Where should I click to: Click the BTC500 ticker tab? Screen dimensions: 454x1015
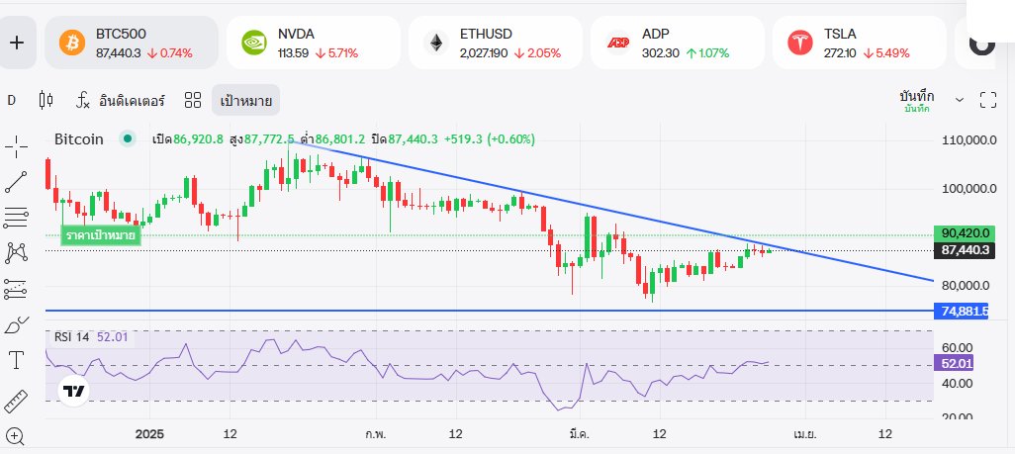click(x=133, y=43)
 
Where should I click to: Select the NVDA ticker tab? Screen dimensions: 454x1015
click(x=313, y=43)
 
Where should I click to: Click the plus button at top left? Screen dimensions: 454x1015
click(x=17, y=43)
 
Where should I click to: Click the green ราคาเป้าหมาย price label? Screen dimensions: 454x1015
click(x=100, y=235)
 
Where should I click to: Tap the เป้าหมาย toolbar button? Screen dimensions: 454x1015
click(x=245, y=100)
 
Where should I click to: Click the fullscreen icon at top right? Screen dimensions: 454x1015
click(x=987, y=100)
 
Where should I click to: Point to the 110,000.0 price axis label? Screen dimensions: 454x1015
click(x=968, y=141)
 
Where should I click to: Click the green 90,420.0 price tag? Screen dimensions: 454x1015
click(x=966, y=233)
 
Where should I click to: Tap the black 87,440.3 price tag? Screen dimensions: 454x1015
click(x=966, y=250)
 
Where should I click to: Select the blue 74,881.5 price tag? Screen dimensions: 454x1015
click(x=965, y=311)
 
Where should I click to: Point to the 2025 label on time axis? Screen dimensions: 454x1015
click(x=149, y=434)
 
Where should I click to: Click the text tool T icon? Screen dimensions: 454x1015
click(x=16, y=359)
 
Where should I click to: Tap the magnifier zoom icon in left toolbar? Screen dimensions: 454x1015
click(x=16, y=435)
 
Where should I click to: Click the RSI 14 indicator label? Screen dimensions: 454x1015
click(x=72, y=337)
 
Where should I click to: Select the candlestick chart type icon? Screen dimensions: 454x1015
click(x=45, y=100)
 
